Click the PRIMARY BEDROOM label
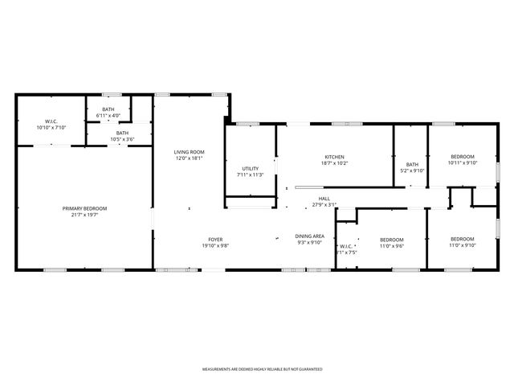click(84, 208)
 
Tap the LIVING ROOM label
click(190, 152)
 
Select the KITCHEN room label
click(335, 157)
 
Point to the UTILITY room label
click(250, 169)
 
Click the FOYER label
click(215, 239)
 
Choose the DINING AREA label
click(310, 236)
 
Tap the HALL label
click(324, 199)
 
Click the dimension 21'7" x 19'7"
click(84, 215)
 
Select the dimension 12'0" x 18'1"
click(190, 158)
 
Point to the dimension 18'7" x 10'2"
click(335, 163)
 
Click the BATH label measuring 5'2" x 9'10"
click(412, 164)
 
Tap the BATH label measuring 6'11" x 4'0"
click(107, 110)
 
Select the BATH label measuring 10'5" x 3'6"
click(122, 133)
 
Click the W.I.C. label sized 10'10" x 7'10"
click(51, 121)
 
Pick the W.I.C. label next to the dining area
click(346, 246)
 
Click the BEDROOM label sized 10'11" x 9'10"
click(462, 156)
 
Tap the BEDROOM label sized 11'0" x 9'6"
click(391, 240)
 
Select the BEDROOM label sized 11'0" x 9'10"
click(462, 239)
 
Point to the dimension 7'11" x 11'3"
click(250, 175)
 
